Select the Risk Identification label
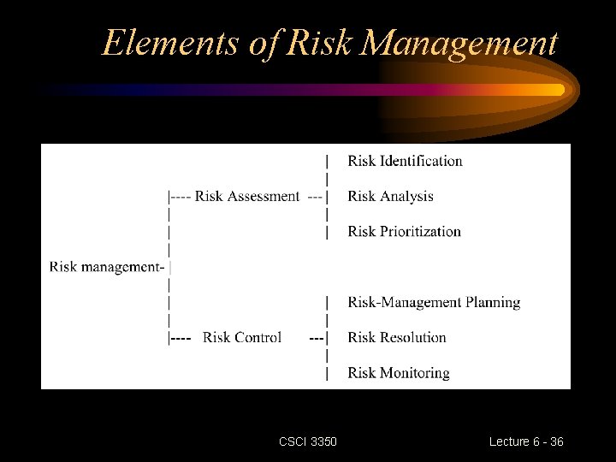tap(405, 161)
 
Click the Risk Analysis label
tap(390, 196)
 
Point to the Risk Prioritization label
tap(404, 231)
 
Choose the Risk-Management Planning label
tap(434, 302)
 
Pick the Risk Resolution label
tap(397, 337)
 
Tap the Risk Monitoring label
tap(399, 372)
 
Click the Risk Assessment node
tap(247, 196)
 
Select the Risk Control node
tap(242, 337)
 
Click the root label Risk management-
tap(107, 266)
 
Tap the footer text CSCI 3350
tap(308, 441)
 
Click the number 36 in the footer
tap(556, 441)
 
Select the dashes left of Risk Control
tap(181, 337)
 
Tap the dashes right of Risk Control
tap(316, 337)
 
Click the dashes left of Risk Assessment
tap(181, 196)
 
